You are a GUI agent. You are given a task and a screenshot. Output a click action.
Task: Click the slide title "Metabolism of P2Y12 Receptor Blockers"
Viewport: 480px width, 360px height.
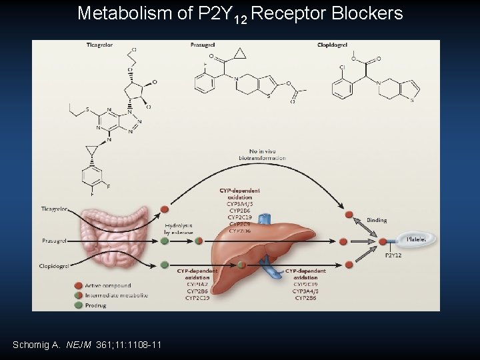point(240,13)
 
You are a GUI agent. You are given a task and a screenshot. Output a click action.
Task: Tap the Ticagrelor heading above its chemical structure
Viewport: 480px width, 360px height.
point(99,45)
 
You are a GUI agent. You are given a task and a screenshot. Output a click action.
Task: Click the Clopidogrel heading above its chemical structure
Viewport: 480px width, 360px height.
point(332,45)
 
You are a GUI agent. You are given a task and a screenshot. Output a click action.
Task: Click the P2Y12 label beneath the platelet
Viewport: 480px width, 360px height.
point(394,255)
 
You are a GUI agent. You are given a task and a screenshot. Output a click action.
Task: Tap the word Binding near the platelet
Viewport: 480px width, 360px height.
point(377,219)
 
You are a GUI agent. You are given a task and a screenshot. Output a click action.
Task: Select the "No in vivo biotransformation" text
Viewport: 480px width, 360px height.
point(262,155)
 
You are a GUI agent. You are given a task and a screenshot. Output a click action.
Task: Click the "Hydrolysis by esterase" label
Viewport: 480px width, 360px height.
point(178,229)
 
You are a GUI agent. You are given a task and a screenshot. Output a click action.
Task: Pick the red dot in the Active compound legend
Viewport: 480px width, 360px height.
point(79,285)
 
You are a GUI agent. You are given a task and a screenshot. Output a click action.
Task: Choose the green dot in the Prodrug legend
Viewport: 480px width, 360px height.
point(79,305)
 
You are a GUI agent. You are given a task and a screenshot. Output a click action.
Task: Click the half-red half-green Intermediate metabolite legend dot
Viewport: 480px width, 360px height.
point(79,295)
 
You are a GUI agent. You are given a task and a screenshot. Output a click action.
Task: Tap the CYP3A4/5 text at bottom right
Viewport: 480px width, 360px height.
point(306,291)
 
